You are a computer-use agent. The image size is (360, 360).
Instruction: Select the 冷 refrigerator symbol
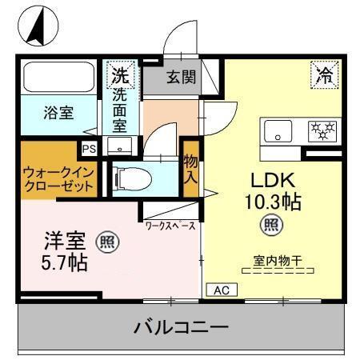(324, 76)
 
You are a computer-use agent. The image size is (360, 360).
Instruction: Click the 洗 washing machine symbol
(118, 76)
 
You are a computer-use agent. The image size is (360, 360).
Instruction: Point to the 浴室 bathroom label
(58, 113)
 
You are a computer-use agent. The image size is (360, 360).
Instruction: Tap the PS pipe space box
(88, 148)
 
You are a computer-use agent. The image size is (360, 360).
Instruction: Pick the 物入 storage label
(190, 169)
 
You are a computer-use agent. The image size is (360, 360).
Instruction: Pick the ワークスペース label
(170, 226)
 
